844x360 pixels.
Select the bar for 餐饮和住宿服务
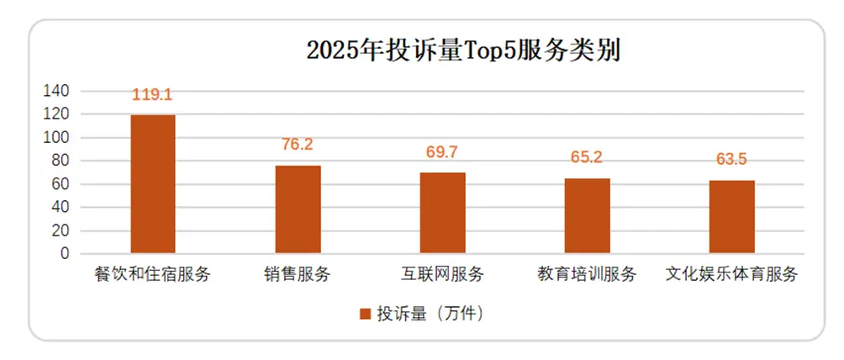point(153,183)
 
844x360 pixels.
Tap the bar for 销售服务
point(298,209)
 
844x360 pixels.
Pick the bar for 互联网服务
point(443,212)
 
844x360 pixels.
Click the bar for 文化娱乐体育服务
point(731,216)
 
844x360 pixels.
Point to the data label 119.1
point(153,95)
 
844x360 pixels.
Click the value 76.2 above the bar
point(298,145)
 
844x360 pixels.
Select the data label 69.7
point(443,152)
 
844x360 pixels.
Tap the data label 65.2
point(587,157)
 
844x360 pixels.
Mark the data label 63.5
point(731,159)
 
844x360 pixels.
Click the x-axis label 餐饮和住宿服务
point(153,274)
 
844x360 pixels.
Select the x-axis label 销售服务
point(298,274)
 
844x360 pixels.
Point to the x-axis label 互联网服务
point(443,274)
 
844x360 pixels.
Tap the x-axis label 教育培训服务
point(587,274)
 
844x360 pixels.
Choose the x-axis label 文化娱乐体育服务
point(731,274)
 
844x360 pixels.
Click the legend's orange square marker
point(366,315)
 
